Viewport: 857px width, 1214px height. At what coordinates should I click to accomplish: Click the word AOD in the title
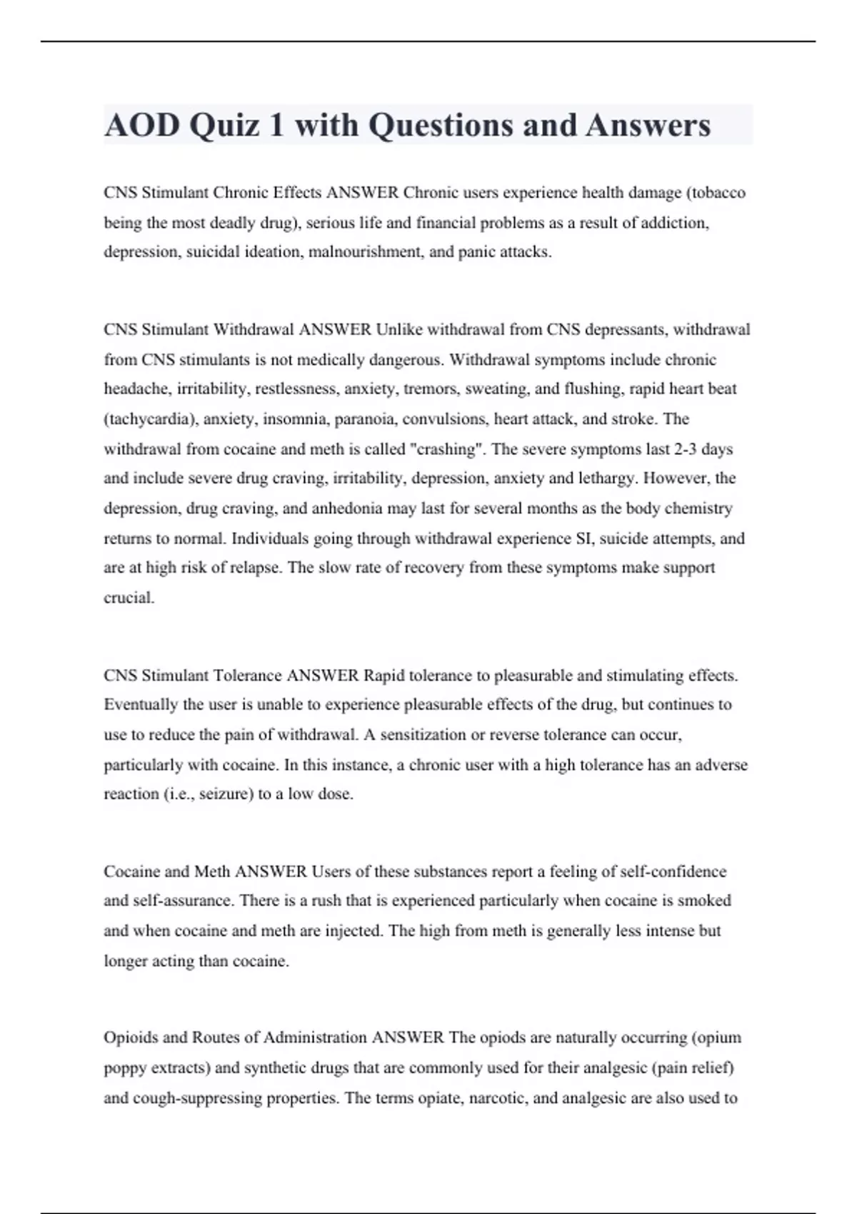click(142, 126)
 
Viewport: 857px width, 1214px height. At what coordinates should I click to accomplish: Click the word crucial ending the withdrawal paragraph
click(129, 598)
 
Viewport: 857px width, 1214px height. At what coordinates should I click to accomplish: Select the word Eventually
click(141, 705)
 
